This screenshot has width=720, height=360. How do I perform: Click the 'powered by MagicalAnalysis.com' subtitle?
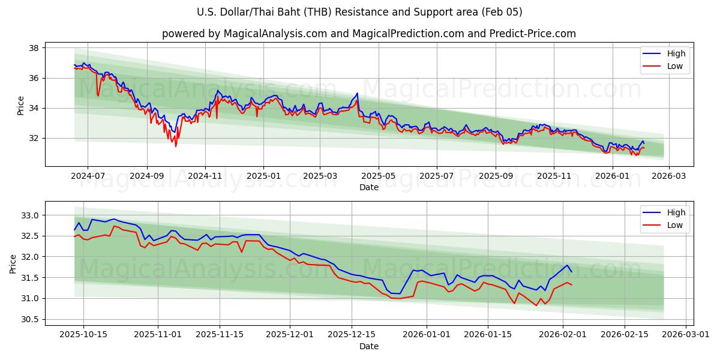point(368,34)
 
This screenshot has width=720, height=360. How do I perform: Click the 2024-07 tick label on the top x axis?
point(88,176)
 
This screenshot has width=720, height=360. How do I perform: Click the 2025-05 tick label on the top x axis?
point(378,176)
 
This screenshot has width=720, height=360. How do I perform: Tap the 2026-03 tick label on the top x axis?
point(668,176)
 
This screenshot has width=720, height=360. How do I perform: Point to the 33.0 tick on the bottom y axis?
point(30,215)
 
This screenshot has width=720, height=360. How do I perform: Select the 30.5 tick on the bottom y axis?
point(30,319)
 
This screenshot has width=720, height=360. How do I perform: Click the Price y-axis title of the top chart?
point(21,105)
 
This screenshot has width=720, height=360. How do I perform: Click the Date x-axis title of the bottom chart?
point(368,346)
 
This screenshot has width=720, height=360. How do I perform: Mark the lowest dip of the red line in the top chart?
point(176,146)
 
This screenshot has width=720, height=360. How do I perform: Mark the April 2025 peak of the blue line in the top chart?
point(357,93)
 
